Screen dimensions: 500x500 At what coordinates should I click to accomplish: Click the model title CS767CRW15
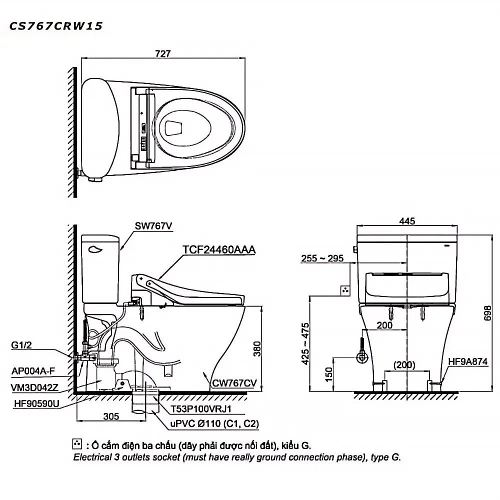tap(56, 26)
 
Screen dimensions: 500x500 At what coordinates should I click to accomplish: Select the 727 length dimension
tap(163, 53)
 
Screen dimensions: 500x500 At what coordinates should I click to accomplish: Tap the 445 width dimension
tap(407, 221)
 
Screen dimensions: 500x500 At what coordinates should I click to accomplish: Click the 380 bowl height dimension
tap(257, 349)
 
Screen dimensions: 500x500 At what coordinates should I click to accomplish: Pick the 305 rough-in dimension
tap(111, 416)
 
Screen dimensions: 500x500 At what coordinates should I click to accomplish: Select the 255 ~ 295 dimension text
tap(322, 258)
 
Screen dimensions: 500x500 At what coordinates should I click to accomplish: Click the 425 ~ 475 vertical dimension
tap(305, 344)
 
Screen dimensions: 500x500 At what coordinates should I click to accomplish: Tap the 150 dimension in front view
tap(328, 374)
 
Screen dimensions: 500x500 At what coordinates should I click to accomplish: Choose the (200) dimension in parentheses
tap(404, 364)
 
